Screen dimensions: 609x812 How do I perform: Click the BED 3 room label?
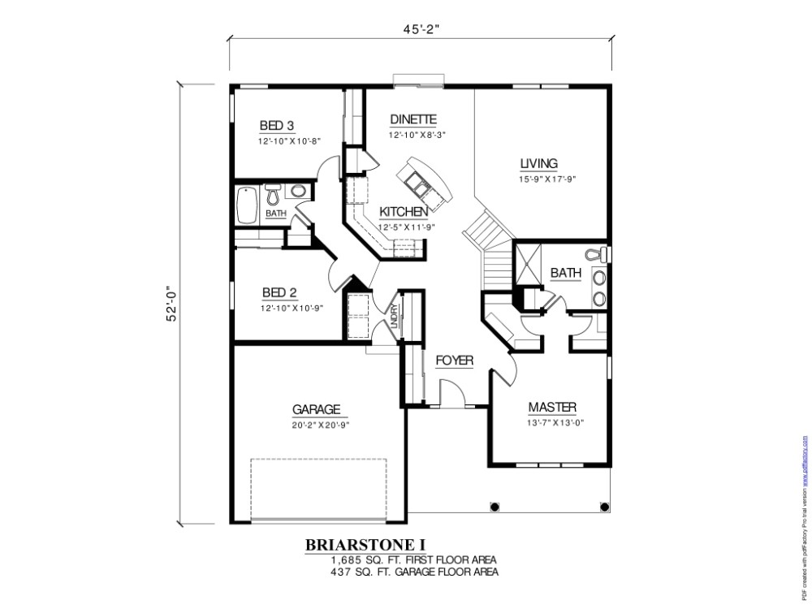(x=276, y=126)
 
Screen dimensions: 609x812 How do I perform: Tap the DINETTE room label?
(x=413, y=119)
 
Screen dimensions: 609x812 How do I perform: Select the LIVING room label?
(x=538, y=163)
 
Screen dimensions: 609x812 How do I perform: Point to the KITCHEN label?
(x=403, y=212)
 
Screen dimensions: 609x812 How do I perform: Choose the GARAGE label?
(x=316, y=409)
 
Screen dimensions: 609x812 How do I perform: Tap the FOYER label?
(x=454, y=360)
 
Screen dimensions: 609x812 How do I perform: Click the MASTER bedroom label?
(x=552, y=407)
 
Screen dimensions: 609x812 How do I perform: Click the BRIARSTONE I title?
(x=365, y=543)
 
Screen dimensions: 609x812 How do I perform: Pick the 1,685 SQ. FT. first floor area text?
(x=413, y=559)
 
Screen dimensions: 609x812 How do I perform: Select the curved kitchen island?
(x=425, y=180)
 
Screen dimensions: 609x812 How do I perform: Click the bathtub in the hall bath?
(x=247, y=205)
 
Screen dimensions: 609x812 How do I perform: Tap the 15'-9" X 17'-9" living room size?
(x=547, y=179)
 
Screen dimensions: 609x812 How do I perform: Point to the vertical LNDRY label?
(x=393, y=317)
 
